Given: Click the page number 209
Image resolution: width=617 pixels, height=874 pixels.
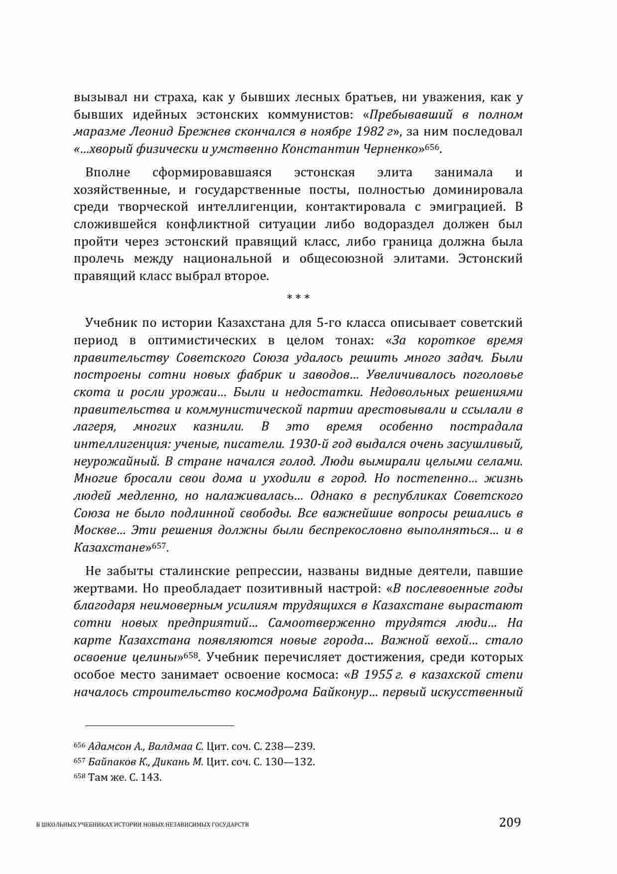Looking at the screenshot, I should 509,822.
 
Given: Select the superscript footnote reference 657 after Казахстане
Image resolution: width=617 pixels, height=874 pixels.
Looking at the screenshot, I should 159,545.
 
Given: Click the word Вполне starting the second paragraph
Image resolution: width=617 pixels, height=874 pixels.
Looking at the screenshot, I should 108,173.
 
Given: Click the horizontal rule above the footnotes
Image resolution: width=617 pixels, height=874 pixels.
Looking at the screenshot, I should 154,726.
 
